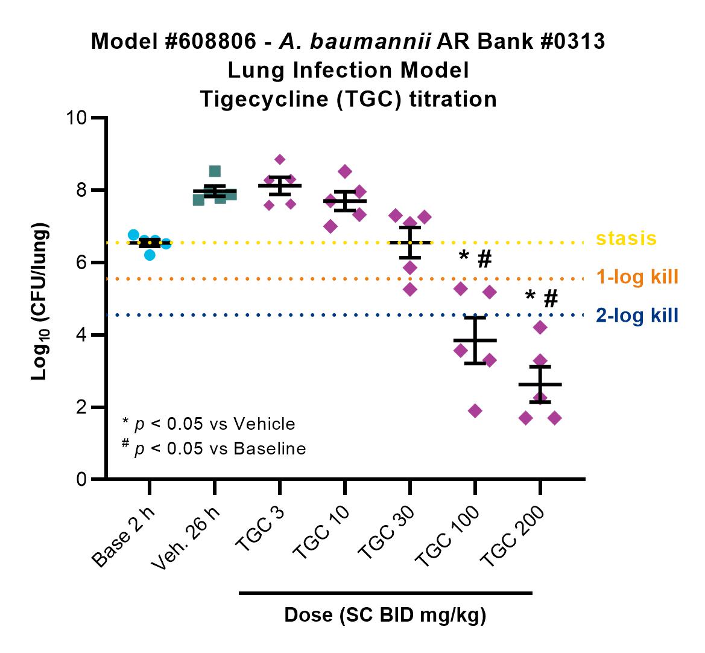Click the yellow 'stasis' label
[627, 238]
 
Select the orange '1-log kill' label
[637, 277]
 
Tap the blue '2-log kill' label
[637, 316]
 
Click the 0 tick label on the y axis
[81, 479]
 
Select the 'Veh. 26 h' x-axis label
[186, 538]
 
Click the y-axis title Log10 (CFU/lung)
[40, 301]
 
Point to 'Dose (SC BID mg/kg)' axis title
[385, 615]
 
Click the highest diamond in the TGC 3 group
[280, 159]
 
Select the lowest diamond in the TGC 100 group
[475, 410]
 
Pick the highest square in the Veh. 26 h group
[215, 171]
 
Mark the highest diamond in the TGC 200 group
[540, 327]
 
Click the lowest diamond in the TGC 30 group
[409, 289]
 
